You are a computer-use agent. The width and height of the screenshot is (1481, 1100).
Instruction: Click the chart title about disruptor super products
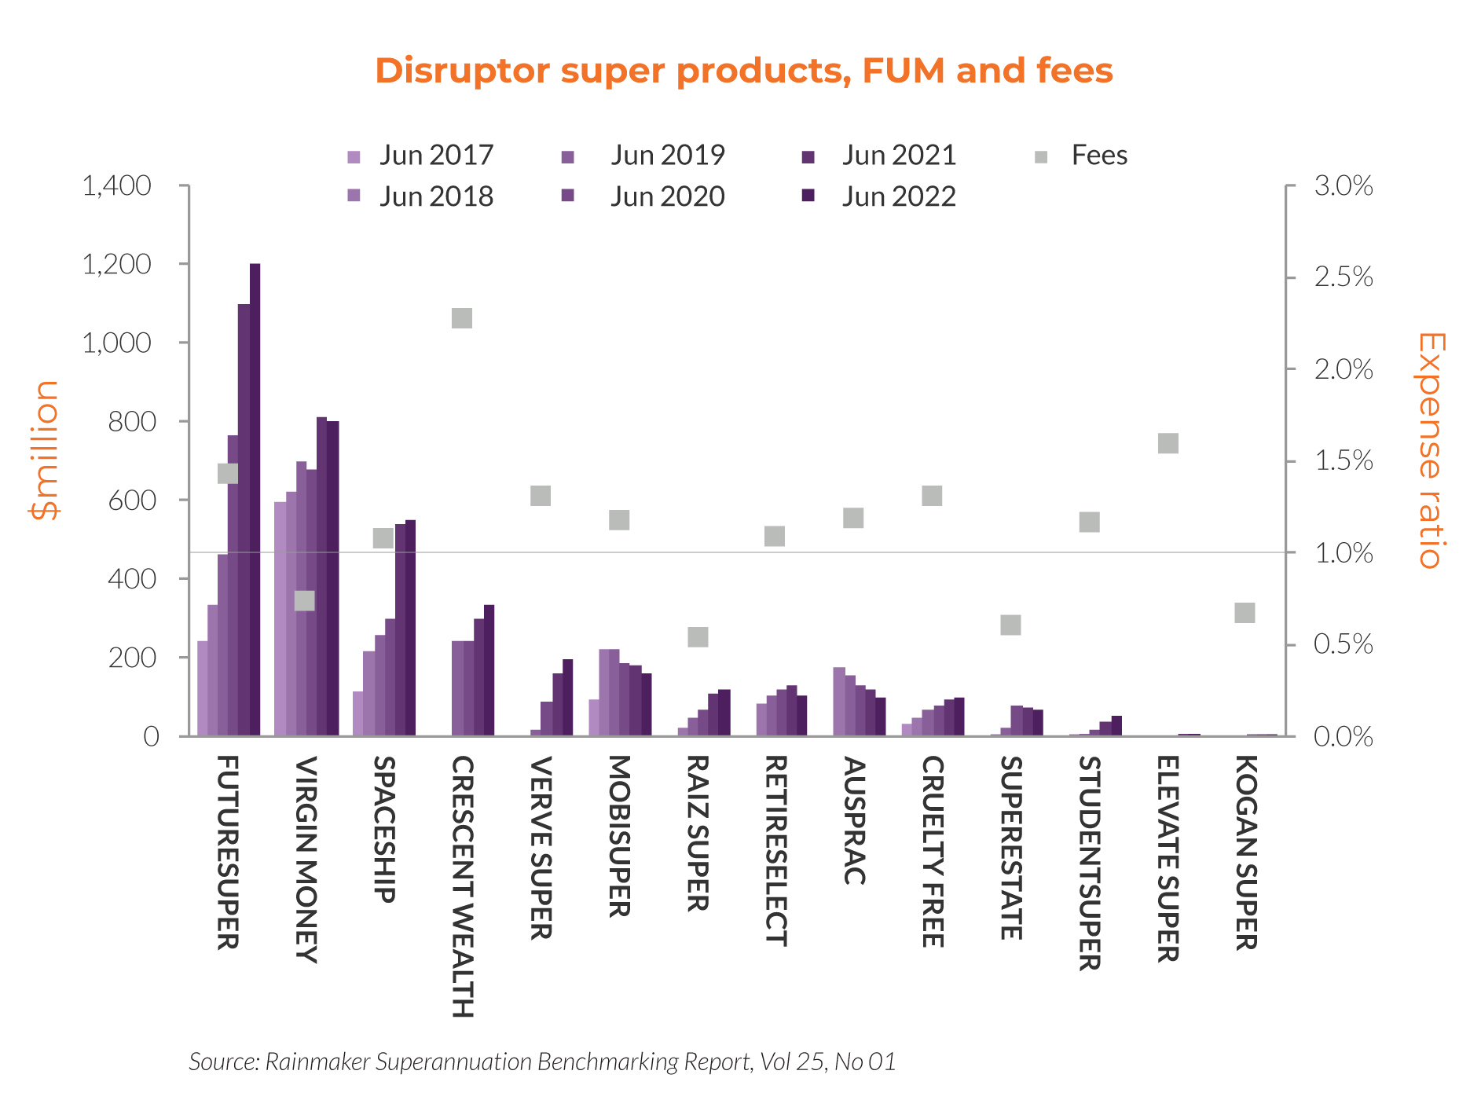[743, 71]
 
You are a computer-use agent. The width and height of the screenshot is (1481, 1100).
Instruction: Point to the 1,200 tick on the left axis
[116, 265]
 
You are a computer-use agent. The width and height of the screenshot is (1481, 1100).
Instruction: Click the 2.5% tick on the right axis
[1344, 277]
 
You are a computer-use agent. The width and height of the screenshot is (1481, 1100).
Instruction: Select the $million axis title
[44, 450]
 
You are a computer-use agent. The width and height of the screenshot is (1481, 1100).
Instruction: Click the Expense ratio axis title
[1432, 450]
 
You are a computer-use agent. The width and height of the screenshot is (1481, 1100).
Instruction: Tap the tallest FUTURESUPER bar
[255, 500]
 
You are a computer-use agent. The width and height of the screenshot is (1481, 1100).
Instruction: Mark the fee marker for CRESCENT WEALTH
[462, 318]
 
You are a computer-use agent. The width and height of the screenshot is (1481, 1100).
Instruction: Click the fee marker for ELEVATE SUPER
[1168, 443]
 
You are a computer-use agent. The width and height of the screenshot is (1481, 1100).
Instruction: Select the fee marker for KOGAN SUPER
[1245, 613]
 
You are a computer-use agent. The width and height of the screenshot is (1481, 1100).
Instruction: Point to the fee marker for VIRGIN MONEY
[305, 601]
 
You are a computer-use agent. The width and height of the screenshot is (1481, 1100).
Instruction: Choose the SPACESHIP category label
[383, 829]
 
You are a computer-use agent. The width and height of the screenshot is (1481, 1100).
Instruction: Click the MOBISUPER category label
[619, 836]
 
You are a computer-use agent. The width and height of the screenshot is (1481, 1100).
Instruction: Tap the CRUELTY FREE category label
[932, 852]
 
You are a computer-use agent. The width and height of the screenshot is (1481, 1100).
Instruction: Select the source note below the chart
[542, 1062]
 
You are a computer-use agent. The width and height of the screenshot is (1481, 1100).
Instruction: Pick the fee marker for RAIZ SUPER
[698, 636]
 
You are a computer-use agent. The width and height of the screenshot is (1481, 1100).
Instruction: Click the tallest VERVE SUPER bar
[568, 698]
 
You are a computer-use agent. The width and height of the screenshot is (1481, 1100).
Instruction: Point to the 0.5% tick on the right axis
[1344, 645]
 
